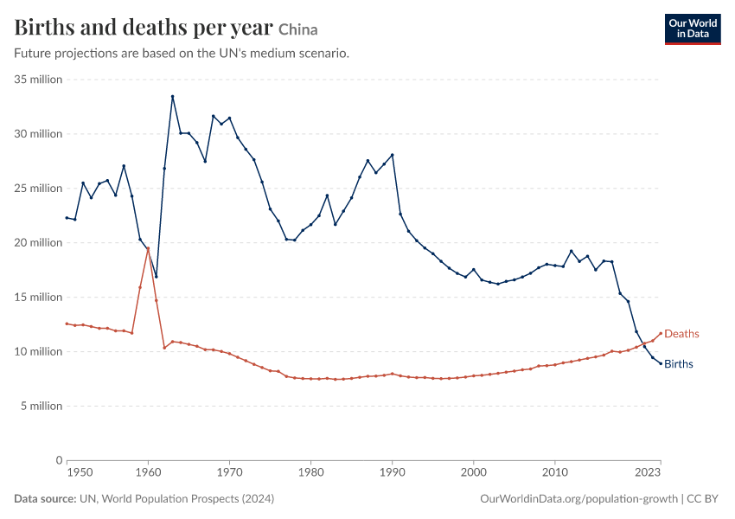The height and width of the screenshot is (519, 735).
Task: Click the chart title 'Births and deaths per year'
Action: pyautogui.click(x=144, y=28)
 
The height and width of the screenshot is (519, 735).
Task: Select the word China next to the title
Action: pyautogui.click(x=298, y=30)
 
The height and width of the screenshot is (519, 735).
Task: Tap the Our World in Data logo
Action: pyautogui.click(x=693, y=29)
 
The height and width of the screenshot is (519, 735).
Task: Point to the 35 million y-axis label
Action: pyautogui.click(x=38, y=80)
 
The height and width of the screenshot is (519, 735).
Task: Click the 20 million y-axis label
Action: pyautogui.click(x=38, y=242)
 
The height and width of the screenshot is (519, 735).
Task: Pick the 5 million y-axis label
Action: pyautogui.click(x=42, y=406)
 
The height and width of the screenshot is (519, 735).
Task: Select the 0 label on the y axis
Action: pyautogui.click(x=59, y=460)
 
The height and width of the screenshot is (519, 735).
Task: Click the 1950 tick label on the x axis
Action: pyautogui.click(x=80, y=472)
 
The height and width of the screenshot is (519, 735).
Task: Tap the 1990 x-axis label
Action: pyautogui.click(x=393, y=472)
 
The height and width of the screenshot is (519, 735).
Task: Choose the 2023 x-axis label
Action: pyautogui.click(x=648, y=472)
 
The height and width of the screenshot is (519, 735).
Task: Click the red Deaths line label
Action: pyautogui.click(x=681, y=334)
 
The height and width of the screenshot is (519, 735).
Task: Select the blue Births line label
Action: pyautogui.click(x=678, y=364)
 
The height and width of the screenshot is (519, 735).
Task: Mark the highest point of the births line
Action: pyautogui.click(x=172, y=97)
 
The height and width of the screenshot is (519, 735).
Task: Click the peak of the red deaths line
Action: pyautogui.click(x=148, y=248)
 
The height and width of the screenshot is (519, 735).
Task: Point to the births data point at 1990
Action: pyautogui.click(x=393, y=155)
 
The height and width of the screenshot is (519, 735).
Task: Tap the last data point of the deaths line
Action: pyautogui.click(x=661, y=333)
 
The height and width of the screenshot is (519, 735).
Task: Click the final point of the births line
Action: pyautogui.click(x=661, y=364)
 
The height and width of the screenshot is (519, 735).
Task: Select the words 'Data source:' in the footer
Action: pyautogui.click(x=45, y=498)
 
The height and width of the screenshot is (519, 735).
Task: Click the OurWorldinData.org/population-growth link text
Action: pyautogui.click(x=578, y=498)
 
